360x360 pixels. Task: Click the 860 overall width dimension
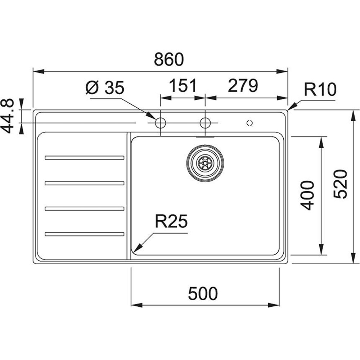[168, 59]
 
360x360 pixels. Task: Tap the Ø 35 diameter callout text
[105, 87]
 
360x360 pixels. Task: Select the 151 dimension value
[183, 86]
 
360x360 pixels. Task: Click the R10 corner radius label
[320, 90]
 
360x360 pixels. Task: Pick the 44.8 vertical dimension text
[8, 116]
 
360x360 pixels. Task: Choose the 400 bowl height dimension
[307, 195]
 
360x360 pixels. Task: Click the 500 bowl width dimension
[203, 294]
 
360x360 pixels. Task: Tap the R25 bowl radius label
[171, 222]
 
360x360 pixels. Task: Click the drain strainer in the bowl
[205, 163]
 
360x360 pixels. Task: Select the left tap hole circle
[160, 123]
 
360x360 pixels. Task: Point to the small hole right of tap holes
[249, 123]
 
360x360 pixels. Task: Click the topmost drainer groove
[84, 158]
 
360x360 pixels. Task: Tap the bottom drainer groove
[84, 234]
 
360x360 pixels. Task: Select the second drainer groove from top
[84, 183]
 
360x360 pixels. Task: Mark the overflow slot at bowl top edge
[205, 137]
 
